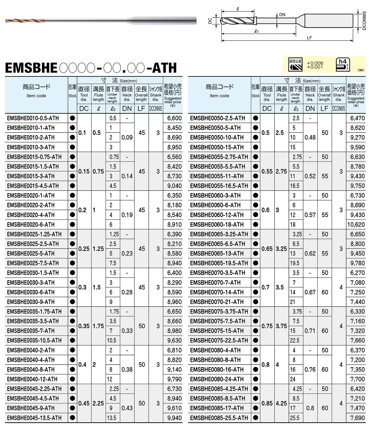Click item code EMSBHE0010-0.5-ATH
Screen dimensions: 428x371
pyautogui.click(x=33, y=118)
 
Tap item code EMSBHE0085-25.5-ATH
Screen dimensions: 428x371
pyautogui.click(x=219, y=418)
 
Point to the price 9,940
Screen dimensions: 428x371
pyautogui.click(x=174, y=418)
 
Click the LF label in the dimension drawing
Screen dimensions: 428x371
pyautogui.click(x=309, y=38)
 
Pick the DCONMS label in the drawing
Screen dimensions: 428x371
pyautogui.click(x=364, y=21)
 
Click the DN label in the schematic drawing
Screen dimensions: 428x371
pyautogui.click(x=282, y=15)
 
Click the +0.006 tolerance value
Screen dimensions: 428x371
pyautogui.click(x=315, y=63)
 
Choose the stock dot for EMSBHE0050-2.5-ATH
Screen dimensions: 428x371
pyautogui.click(x=255, y=118)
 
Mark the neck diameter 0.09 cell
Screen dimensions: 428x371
pyautogui.click(x=127, y=138)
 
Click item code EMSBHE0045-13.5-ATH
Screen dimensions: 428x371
pyautogui.click(x=34, y=418)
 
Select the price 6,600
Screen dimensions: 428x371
pyautogui.click(x=174, y=118)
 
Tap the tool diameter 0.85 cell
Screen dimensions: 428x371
pyautogui.click(x=267, y=403)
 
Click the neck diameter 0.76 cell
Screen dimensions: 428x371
pyautogui.click(x=310, y=370)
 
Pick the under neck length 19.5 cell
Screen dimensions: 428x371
pyautogui.click(x=295, y=263)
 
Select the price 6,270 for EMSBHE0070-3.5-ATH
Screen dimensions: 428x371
pyautogui.click(x=357, y=273)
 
